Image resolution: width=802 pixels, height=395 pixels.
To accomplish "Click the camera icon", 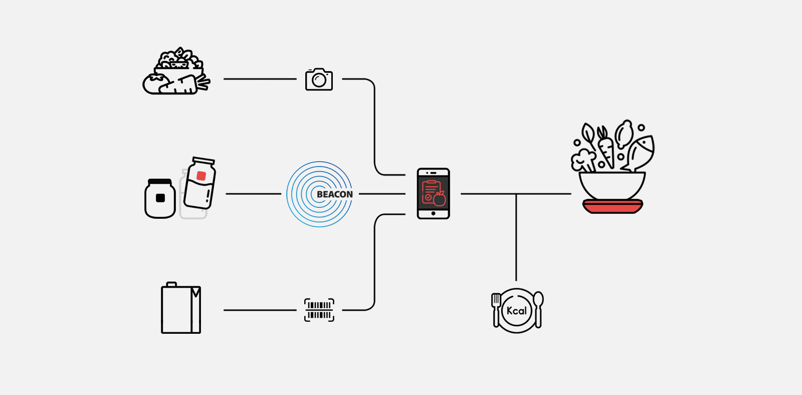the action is click(x=319, y=79).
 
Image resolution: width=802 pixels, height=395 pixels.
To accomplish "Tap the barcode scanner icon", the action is click(x=319, y=310).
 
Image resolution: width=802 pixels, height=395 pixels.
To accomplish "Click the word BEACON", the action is click(x=334, y=195).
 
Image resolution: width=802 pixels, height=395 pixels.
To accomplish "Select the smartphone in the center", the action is click(x=433, y=194).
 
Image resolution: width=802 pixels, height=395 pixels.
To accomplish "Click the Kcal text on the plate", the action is click(x=517, y=311).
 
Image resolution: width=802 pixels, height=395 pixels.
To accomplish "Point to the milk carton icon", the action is click(x=181, y=308).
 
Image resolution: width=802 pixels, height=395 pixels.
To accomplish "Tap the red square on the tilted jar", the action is click(x=201, y=176).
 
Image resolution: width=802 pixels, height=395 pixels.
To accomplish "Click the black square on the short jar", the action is click(x=160, y=198).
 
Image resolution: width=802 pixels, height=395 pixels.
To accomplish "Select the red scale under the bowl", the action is click(x=613, y=207).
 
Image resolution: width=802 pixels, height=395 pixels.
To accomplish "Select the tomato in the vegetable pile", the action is click(x=155, y=83).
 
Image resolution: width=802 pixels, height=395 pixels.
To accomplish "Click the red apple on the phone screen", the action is click(x=440, y=198).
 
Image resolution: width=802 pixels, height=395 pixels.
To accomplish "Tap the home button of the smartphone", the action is click(x=433, y=214).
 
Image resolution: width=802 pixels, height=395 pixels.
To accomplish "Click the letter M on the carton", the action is click(x=195, y=293).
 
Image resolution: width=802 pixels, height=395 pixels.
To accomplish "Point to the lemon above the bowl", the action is click(x=624, y=134).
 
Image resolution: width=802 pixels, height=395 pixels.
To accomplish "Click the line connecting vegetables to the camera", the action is click(x=260, y=79).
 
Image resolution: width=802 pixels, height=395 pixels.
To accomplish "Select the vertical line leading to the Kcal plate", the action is click(x=516, y=237).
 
